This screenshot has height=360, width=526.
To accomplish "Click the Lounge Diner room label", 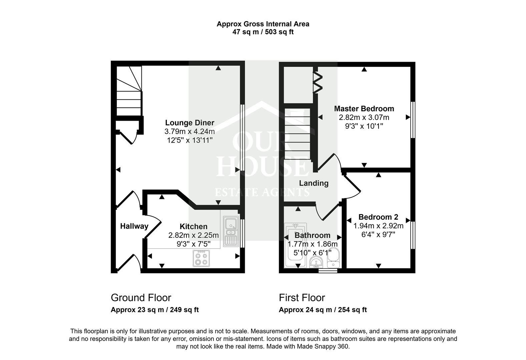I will pos(189,123).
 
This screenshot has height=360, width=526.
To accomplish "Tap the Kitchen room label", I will pos(193,226).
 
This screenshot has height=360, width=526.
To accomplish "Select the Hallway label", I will pos(134,226).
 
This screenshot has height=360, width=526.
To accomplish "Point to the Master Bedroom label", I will pos(364,109).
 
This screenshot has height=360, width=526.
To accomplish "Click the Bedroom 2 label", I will pos(378,217).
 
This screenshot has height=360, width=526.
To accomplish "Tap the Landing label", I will pos(314,183).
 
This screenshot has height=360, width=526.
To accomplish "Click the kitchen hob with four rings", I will pos(201,258).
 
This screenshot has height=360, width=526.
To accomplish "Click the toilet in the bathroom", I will pos(333,258).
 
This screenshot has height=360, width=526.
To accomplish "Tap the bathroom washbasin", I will pos(316,263).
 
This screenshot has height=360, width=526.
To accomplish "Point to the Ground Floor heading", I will pos(141,298).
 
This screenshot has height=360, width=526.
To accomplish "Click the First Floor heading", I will pos(302,298).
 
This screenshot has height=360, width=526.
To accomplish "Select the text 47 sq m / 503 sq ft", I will pos(263,32).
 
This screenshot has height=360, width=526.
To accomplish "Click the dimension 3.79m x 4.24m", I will pos(189,131).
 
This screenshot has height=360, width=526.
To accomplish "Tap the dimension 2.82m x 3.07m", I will pos(364,117).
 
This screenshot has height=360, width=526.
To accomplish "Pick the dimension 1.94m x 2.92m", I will pos(378,226).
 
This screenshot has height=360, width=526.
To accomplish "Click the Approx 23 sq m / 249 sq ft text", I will pos(154,310).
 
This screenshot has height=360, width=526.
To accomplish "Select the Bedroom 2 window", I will pos(413,235).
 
